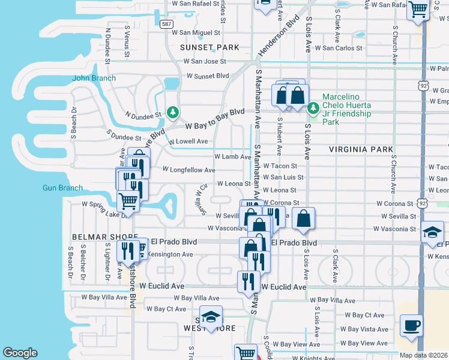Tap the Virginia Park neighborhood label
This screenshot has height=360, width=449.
click(x=361, y=149)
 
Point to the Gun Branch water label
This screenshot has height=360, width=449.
click(x=62, y=188)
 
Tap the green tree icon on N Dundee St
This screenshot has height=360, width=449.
click(x=173, y=112)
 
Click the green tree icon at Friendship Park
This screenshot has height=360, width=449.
click(x=313, y=109)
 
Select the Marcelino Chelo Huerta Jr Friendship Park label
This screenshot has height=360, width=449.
click(x=347, y=109)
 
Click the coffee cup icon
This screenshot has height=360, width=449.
click(x=411, y=325)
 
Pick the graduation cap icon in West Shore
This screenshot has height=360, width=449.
click(x=211, y=317)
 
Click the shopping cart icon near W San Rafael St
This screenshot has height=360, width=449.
click(x=418, y=10)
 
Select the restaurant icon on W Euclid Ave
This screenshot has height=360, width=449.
click(x=248, y=282)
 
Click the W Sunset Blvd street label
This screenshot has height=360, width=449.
click(x=208, y=76)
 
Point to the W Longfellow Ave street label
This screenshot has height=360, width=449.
click(x=188, y=170)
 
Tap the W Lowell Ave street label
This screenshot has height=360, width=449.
click(x=188, y=142)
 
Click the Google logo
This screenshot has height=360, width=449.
click(x=20, y=353)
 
